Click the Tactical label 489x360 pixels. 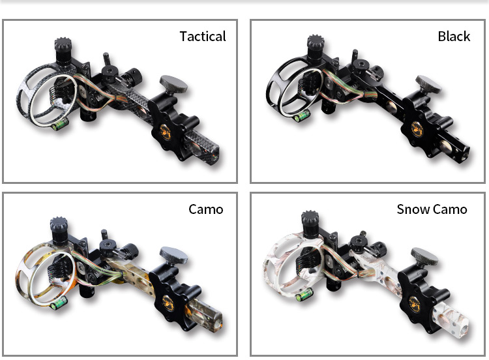(x=203, y=37)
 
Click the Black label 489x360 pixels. (x=454, y=37)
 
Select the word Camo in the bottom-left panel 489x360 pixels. (x=206, y=209)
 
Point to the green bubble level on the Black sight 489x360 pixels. (x=302, y=116)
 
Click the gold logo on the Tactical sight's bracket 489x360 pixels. (x=166, y=131)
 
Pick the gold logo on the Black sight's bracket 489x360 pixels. (x=417, y=128)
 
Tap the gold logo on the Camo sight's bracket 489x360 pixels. (x=168, y=303)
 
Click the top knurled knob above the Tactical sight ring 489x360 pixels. (x=64, y=51)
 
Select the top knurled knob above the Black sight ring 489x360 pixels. (x=316, y=47)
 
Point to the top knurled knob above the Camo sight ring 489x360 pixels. (x=59, y=230)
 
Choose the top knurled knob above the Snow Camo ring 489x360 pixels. (x=310, y=224)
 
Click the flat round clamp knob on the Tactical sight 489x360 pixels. (x=173, y=85)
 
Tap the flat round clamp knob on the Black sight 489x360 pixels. (x=428, y=84)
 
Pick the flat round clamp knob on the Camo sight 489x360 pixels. (x=173, y=256)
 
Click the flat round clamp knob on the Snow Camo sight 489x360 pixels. (x=424, y=257)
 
